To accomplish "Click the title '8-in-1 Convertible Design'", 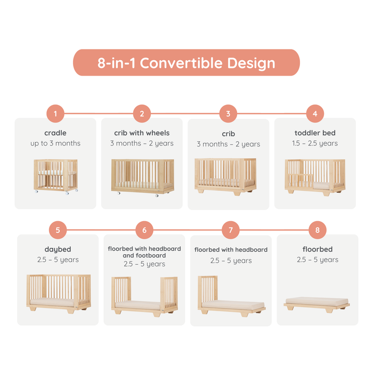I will [x=186, y=63].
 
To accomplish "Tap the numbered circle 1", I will [x=55, y=113].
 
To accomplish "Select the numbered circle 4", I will [x=315, y=113].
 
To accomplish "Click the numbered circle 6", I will [x=144, y=231].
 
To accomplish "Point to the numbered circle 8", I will [x=318, y=230].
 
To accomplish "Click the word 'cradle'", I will [x=55, y=133].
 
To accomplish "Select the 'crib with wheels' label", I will [x=142, y=133].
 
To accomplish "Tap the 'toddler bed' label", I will [x=315, y=133].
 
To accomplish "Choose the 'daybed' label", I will [x=58, y=249].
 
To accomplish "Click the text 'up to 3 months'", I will [x=55, y=143].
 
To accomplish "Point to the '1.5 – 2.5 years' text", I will [x=315, y=143].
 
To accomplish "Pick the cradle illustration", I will [x=55, y=176].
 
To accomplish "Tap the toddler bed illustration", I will [x=315, y=176].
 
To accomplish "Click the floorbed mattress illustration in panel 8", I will [x=318, y=303].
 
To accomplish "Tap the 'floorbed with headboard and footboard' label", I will [x=144, y=252].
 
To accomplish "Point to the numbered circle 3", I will [x=228, y=113].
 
